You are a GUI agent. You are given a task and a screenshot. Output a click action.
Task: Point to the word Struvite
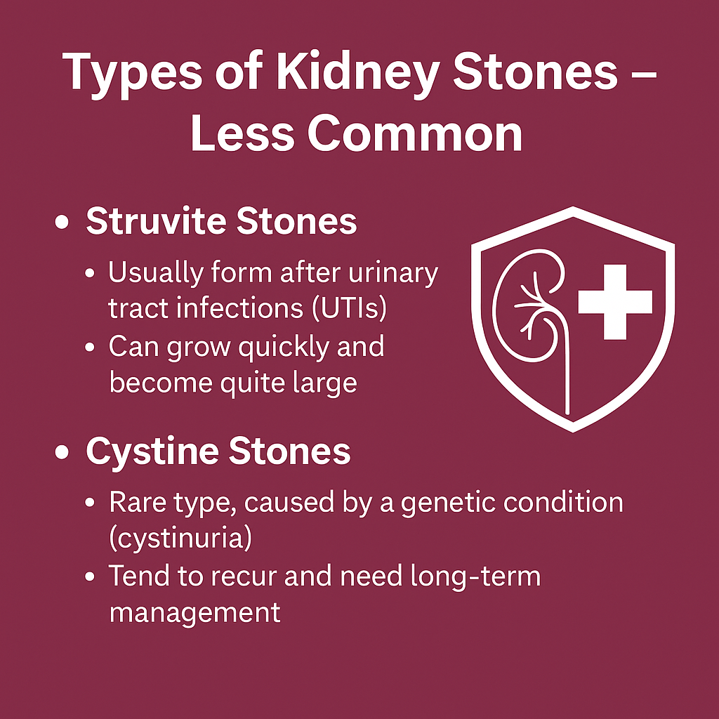click(x=155, y=221)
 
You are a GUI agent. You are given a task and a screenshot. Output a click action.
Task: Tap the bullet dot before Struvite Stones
click(x=62, y=222)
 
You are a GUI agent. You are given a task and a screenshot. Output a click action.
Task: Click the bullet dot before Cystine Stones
click(x=62, y=451)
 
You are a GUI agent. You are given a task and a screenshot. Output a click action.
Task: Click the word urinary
click(x=393, y=274)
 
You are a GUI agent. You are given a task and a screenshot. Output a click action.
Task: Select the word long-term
click(x=475, y=576)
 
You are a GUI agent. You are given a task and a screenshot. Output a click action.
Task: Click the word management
click(x=195, y=612)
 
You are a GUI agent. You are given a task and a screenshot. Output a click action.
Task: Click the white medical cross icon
click(x=615, y=302)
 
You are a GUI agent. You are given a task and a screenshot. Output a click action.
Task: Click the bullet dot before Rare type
click(x=90, y=503)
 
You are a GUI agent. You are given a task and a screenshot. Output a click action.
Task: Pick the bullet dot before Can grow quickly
click(x=90, y=347)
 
